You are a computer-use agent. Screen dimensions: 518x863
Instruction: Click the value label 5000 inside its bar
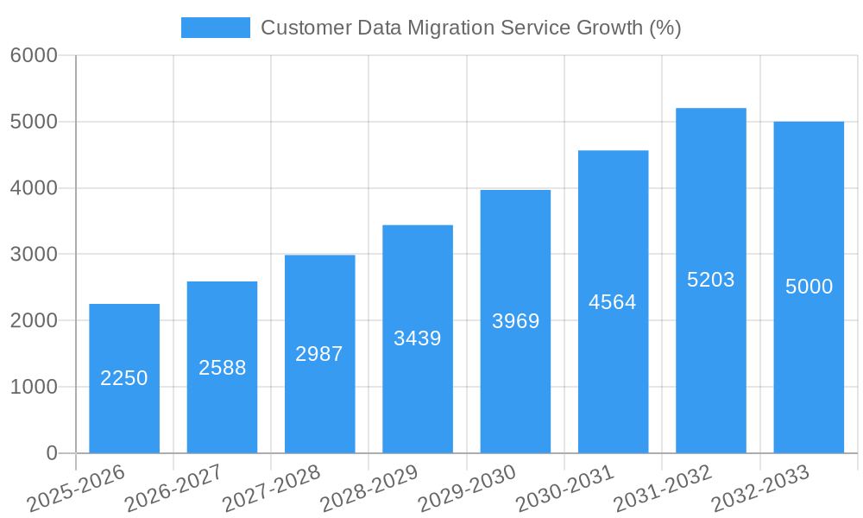click(809, 287)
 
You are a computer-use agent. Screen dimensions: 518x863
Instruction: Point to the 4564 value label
click(613, 302)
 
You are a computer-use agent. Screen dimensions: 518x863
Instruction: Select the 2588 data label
click(222, 368)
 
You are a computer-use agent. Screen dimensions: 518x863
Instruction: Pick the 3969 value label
click(515, 321)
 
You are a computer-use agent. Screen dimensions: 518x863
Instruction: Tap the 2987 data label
click(319, 354)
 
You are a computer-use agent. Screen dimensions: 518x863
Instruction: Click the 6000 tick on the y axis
click(34, 55)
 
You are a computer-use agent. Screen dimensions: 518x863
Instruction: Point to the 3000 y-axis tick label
click(34, 255)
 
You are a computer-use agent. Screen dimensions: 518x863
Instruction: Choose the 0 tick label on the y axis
click(51, 453)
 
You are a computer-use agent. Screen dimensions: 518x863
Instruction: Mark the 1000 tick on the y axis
click(34, 387)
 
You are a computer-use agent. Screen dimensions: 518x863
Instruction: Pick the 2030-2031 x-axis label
click(565, 489)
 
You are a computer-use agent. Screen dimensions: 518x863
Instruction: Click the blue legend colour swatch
click(215, 28)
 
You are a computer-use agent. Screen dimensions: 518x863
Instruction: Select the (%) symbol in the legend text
click(665, 28)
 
